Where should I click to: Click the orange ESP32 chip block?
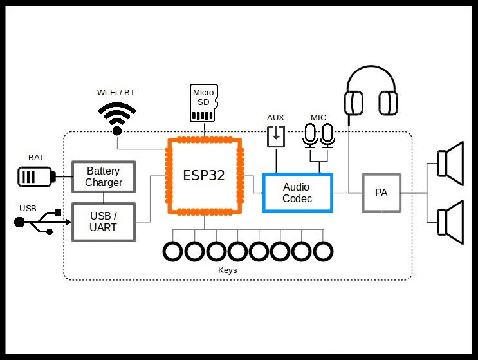[205, 176]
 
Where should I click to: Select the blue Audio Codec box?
[297, 193]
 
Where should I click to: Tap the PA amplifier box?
[381, 193]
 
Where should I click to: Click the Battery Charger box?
[104, 176]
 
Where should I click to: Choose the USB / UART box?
[104, 222]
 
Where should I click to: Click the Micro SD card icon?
[204, 102]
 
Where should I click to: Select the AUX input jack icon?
[276, 136]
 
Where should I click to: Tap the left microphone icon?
[311, 135]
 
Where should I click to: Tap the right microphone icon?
[328, 135]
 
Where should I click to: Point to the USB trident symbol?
[42, 222]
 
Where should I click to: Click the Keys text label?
[228, 270]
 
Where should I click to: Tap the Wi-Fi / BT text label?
[116, 93]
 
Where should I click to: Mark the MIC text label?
[318, 117]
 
